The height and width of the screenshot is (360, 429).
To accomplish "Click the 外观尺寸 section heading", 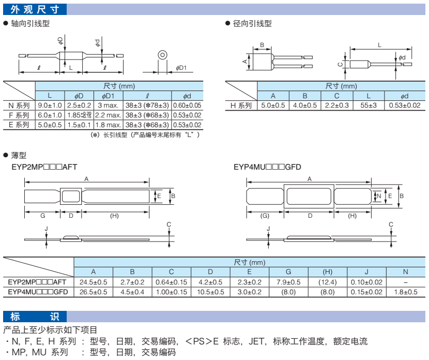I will coord(35,9).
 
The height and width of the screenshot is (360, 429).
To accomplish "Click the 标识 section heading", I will coord(35,316).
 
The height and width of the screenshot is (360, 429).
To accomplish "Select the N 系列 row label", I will coord(19,105).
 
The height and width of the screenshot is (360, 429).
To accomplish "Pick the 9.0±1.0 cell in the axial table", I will coord(50,105).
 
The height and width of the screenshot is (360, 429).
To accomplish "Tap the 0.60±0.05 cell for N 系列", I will coord(187,105).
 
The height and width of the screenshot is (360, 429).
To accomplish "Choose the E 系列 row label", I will coord(19,125).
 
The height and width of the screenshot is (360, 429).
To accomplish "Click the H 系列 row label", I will coord(241,106).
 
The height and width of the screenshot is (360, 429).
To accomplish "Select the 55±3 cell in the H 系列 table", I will coord(369,106).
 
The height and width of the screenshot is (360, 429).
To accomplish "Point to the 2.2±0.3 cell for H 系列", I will coord(336,106).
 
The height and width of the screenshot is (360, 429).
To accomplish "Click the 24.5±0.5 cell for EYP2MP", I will coord(94,282).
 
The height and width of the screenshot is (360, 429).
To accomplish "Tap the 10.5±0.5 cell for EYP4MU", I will coord(210,292).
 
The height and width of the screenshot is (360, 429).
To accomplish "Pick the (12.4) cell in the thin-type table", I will coord(327,282).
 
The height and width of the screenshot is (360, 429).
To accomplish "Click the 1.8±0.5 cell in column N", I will coord(405,292).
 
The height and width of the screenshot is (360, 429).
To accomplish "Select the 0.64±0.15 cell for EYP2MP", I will coord(171,282).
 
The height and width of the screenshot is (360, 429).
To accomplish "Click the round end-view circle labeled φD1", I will coord(162,54).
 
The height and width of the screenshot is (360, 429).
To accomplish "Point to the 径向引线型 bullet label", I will coord(252,23).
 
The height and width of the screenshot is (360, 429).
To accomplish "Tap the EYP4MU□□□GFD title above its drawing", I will coord(267,167).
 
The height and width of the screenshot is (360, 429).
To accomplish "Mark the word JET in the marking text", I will coord(258,341).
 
